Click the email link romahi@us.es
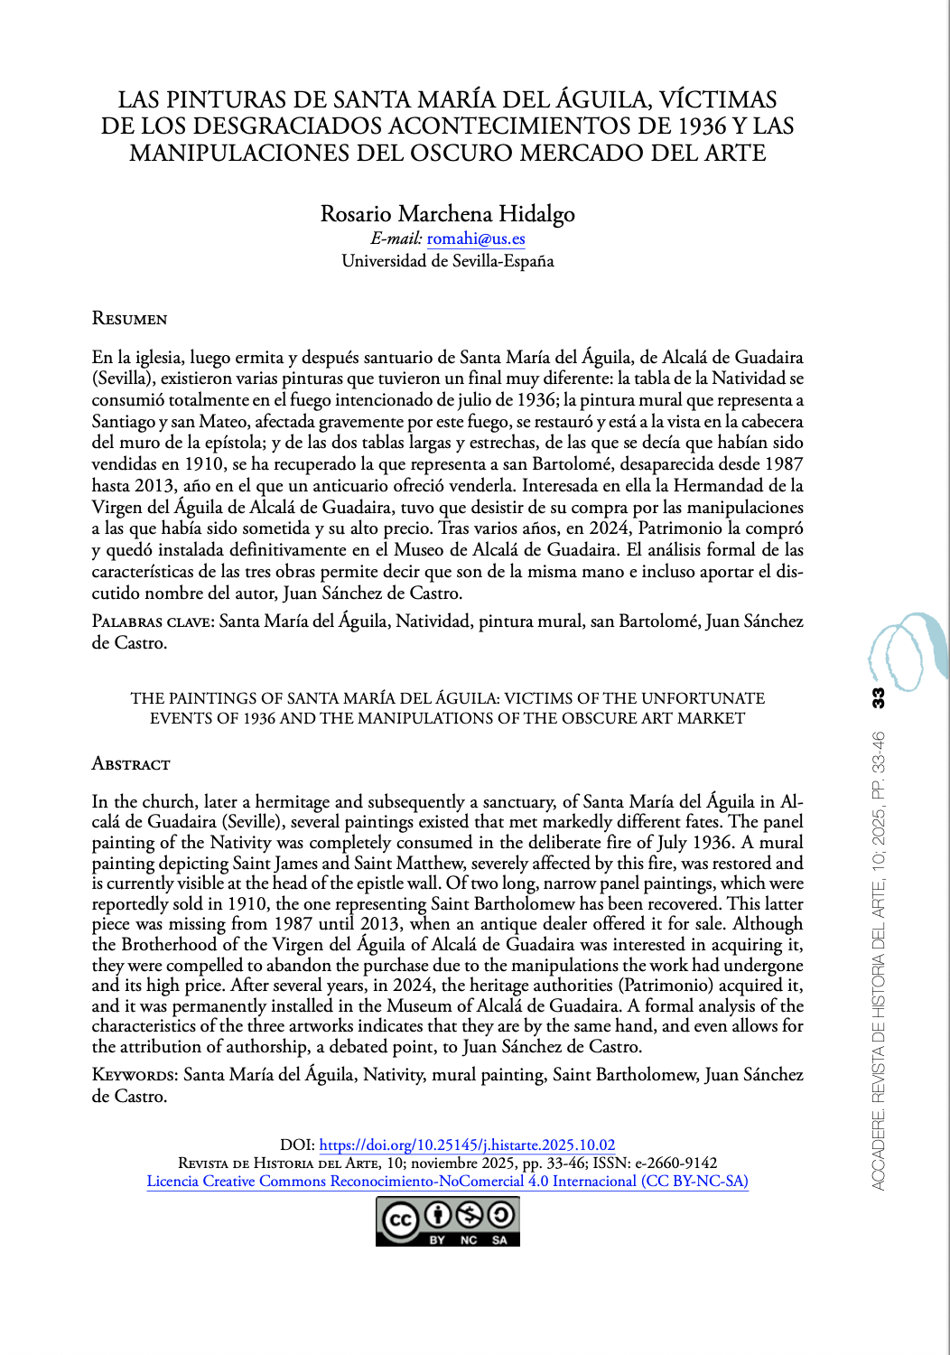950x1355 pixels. point(476,239)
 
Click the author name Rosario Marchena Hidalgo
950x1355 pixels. point(447,214)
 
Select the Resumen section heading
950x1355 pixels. point(129,319)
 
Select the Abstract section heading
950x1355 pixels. point(131,764)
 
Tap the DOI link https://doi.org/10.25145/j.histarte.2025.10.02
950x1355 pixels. point(467,1145)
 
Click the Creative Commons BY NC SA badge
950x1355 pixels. point(448,1221)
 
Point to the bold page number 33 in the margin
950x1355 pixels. point(878,697)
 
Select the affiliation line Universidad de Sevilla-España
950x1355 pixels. point(447,261)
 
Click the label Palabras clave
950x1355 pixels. point(152,621)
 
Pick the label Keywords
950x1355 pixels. point(135,1075)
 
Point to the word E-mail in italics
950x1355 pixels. point(396,239)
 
